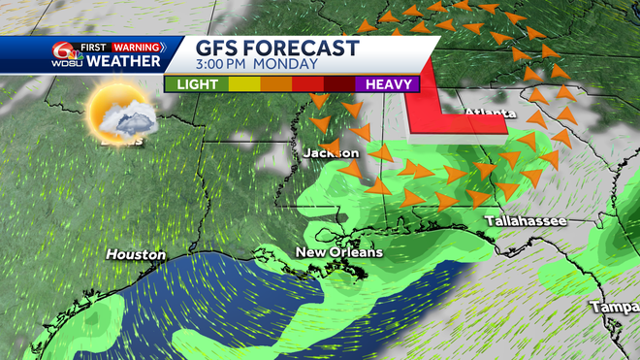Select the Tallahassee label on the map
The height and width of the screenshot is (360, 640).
pos(528,221)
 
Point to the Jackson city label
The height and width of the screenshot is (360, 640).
pos(330,153)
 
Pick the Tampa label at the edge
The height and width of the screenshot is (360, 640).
pos(619,308)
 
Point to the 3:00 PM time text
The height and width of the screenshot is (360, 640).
pos(226,65)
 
